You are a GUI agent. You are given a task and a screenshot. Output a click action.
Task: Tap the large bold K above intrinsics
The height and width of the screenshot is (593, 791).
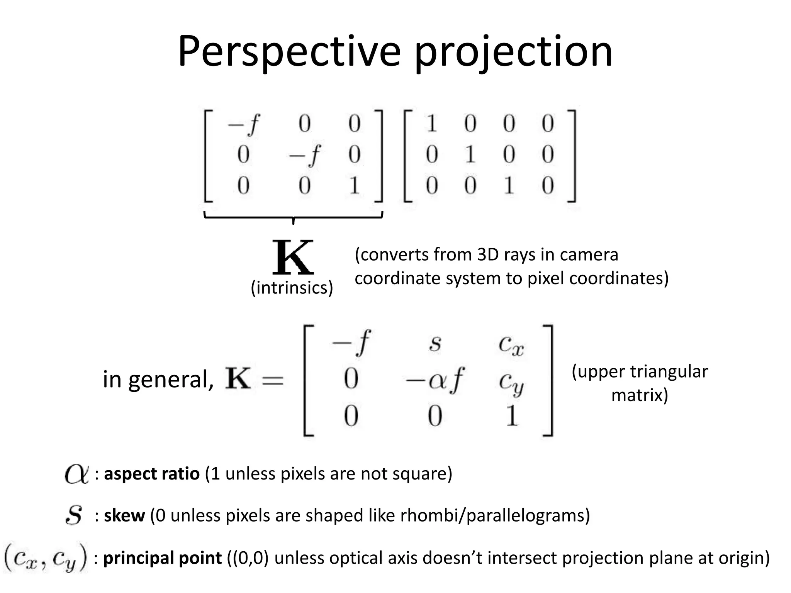pos(293,257)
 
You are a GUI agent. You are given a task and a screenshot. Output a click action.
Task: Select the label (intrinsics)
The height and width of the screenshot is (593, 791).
pos(292,288)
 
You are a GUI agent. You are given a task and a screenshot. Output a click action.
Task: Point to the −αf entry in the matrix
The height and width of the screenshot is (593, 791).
pos(434,380)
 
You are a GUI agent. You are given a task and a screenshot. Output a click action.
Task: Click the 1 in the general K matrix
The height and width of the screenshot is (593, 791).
pos(512,416)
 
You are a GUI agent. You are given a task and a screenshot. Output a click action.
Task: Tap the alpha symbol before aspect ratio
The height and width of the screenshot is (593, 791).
pos(76,474)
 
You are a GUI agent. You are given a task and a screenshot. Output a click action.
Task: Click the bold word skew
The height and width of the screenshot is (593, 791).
pos(124,515)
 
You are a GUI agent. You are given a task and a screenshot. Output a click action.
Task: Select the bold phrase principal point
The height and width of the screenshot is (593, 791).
pos(163,558)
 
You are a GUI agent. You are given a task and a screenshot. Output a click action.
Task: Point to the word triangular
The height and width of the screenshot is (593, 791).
pos(669,372)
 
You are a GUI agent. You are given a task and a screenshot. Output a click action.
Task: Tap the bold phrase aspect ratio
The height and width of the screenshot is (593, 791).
pos(152,474)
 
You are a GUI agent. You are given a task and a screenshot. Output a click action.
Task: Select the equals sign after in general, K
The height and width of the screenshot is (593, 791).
pos(272,380)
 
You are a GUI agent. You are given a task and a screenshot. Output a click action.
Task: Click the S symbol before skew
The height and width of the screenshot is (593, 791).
pos(74,515)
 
